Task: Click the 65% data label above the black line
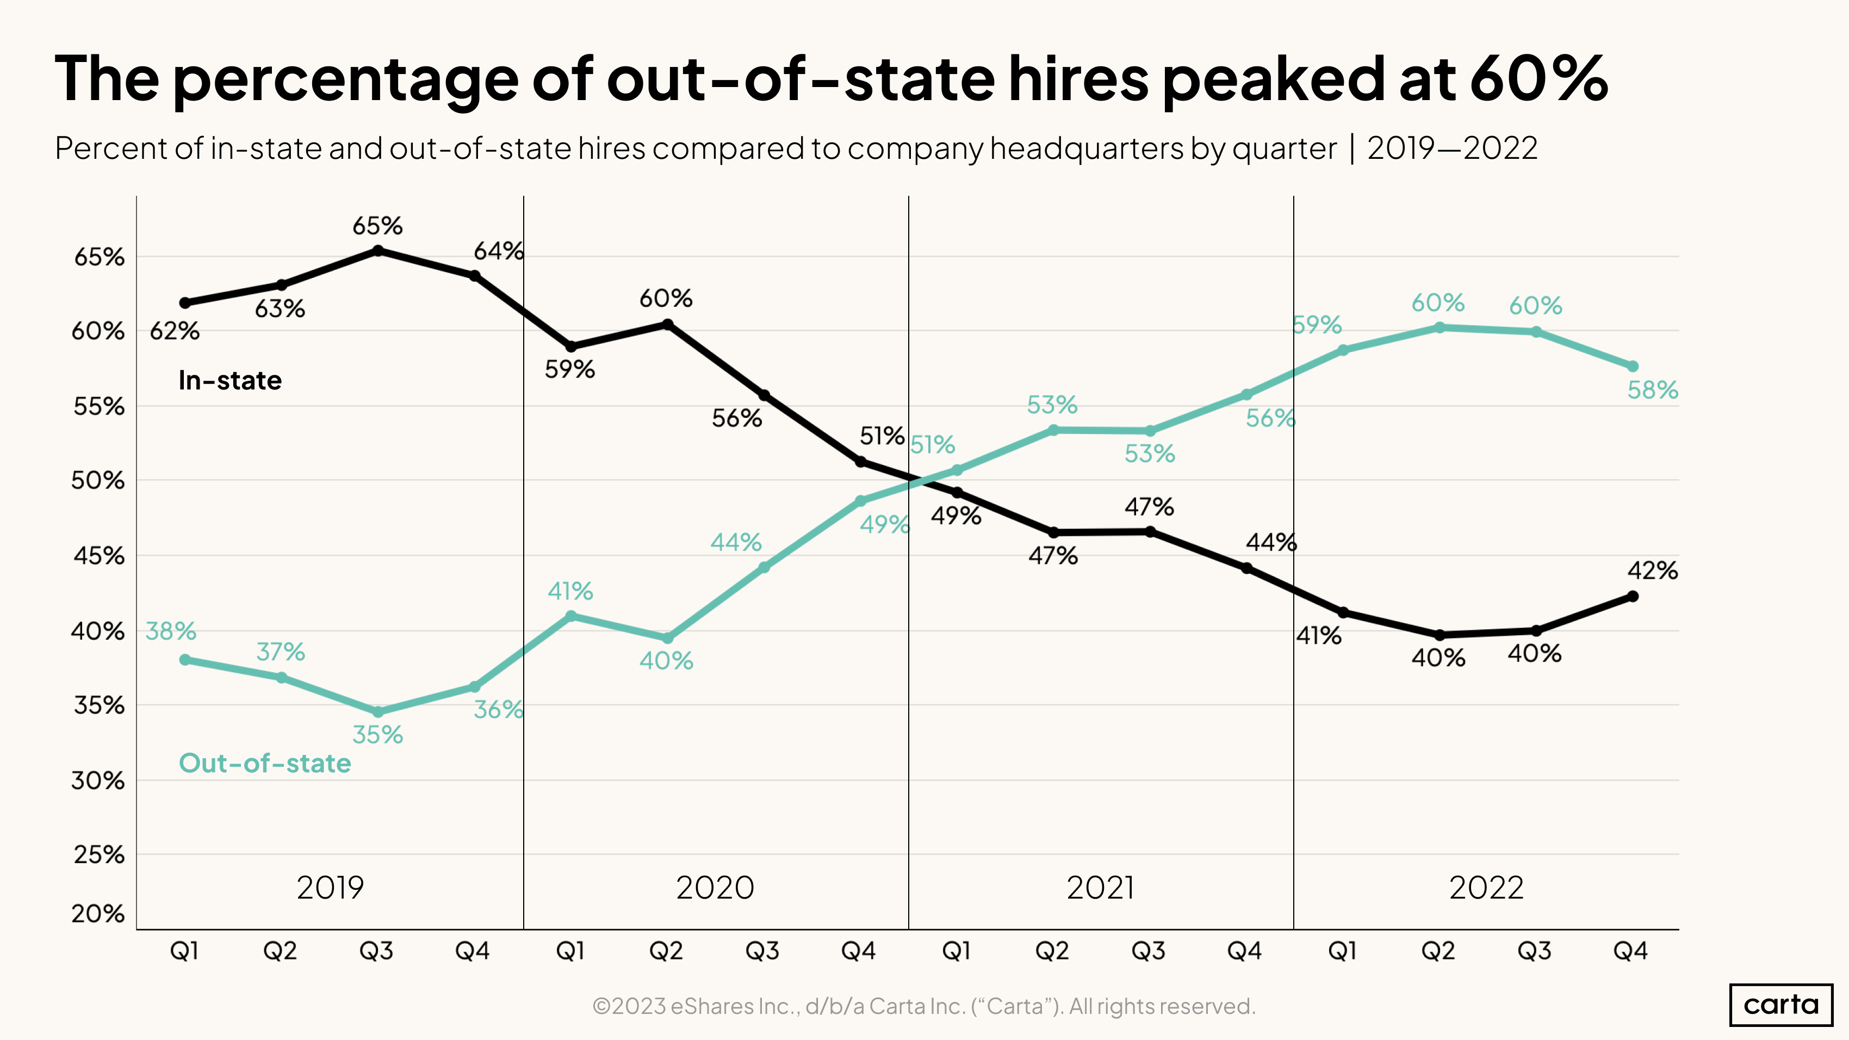click(377, 226)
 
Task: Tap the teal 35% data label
click(377, 735)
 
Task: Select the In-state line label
click(229, 380)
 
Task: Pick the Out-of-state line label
click(265, 763)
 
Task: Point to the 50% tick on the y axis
click(98, 481)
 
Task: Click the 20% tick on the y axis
click(98, 914)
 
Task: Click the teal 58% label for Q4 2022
click(1652, 391)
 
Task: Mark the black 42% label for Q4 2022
click(1652, 571)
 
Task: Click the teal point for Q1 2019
click(185, 660)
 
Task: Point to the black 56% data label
click(736, 418)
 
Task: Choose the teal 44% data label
click(736, 542)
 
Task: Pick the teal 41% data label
click(570, 591)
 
